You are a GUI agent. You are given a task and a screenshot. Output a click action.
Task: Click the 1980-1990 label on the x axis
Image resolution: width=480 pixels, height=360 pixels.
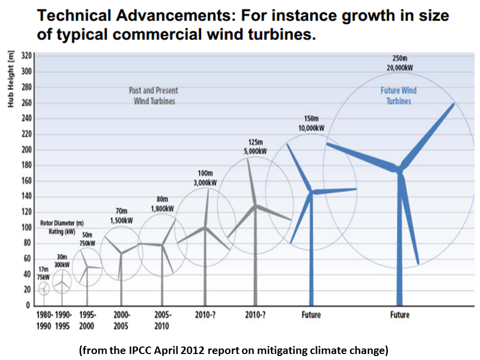click(44, 320)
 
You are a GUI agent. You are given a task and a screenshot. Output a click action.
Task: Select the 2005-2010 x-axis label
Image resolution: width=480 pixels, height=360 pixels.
click(161, 320)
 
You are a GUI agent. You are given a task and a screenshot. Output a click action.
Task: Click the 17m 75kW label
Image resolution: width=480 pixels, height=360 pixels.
click(44, 273)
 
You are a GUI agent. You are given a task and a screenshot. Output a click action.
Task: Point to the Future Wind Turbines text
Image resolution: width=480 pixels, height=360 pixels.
click(398, 95)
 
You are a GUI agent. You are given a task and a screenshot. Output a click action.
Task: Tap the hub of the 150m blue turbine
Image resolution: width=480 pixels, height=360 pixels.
click(311, 192)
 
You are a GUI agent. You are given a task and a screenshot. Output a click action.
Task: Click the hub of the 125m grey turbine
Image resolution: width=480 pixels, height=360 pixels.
click(255, 205)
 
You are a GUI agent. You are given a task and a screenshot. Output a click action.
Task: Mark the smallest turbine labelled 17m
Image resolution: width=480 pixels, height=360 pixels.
click(44, 288)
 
